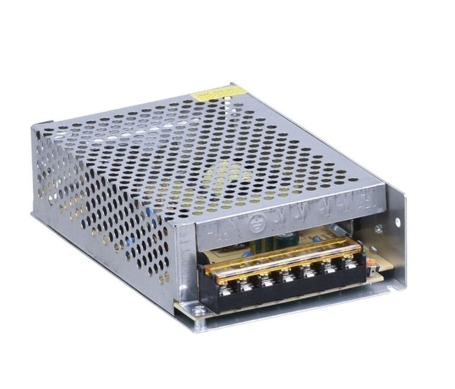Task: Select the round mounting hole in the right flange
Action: [397, 223]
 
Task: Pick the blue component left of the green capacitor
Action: [249, 253]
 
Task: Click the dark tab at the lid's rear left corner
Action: [41, 127]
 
